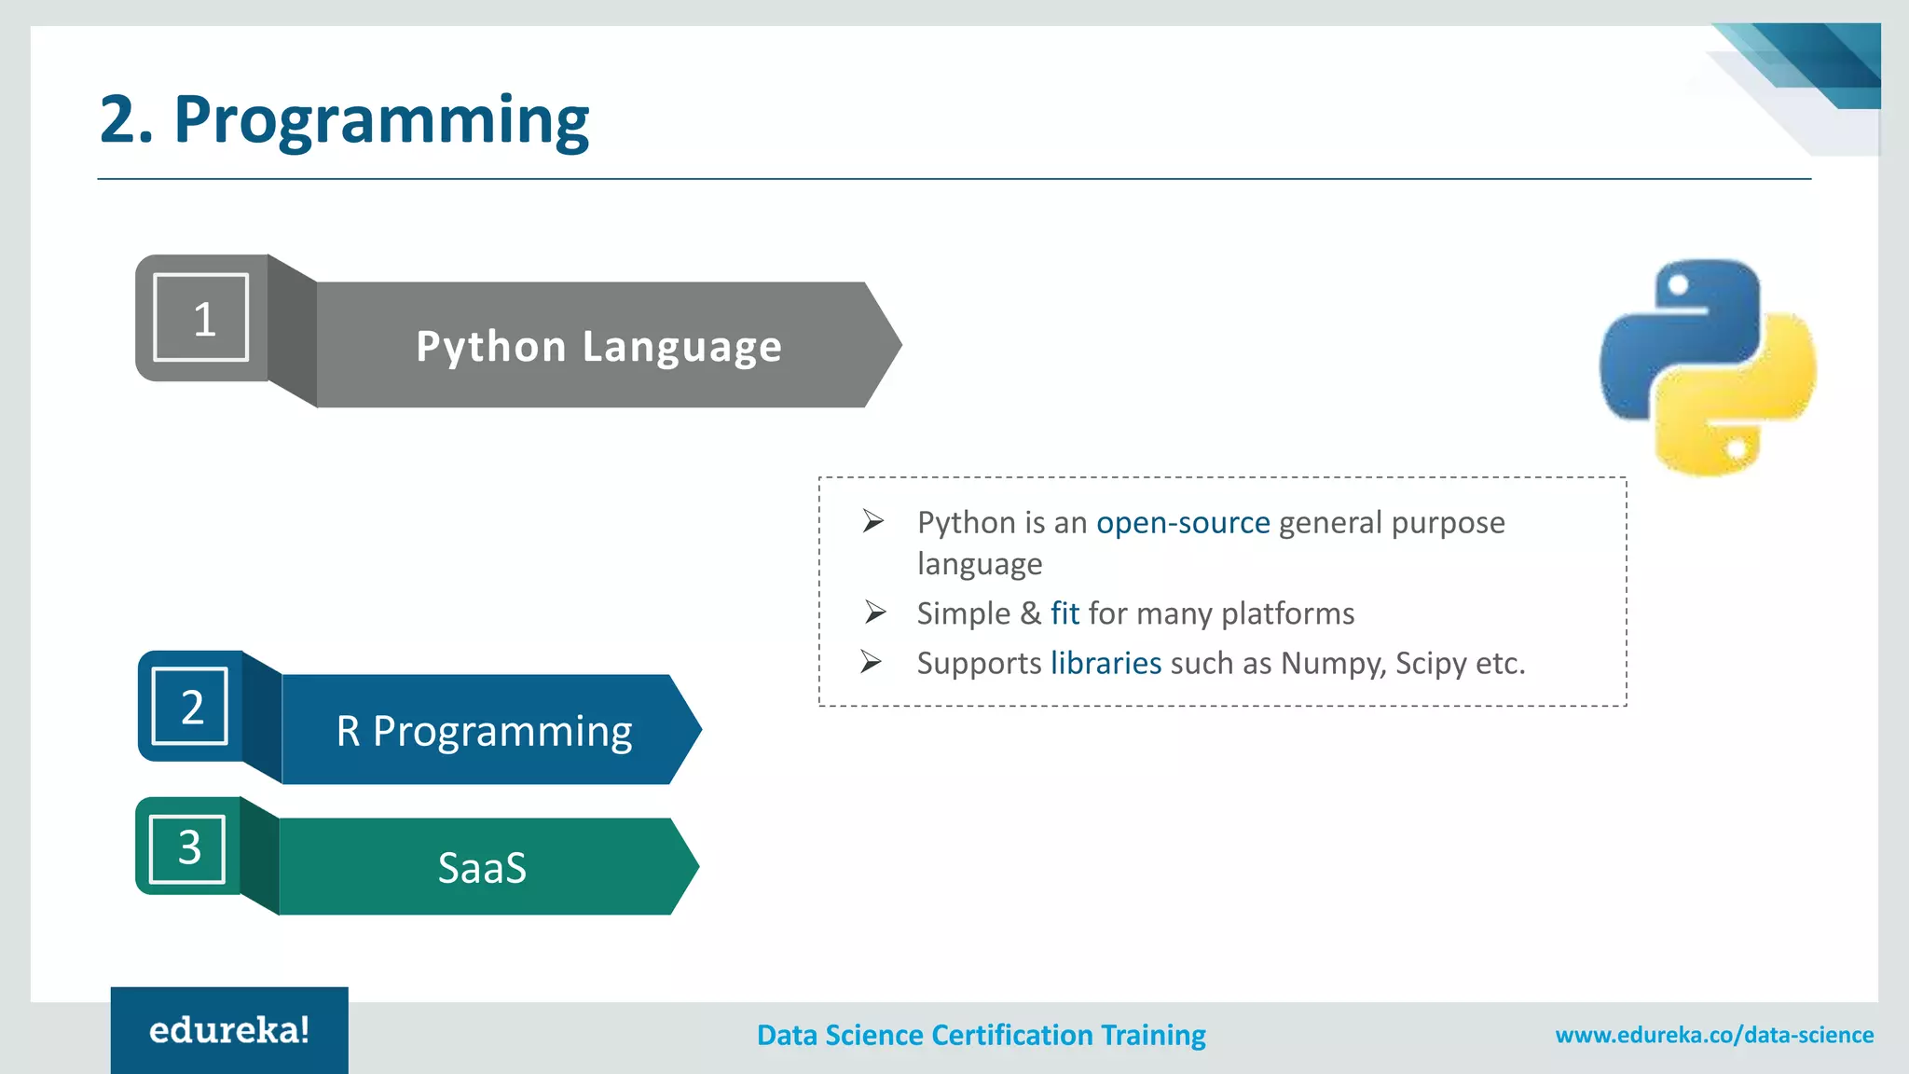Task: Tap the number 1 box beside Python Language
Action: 201,317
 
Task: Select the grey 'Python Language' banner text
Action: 598,346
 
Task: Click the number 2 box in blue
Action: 190,706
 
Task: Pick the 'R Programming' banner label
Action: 484,731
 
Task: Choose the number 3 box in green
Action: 188,847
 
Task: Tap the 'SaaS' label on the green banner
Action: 482,867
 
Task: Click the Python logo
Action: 1707,366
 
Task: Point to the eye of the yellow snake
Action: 1735,450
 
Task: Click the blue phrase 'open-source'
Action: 1182,522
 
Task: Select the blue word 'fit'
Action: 1064,613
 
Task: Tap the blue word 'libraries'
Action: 1106,663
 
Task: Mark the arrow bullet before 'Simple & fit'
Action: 874,613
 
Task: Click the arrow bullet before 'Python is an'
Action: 872,521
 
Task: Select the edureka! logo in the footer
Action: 229,1030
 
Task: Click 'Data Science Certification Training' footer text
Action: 981,1035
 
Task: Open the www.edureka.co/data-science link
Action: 1713,1035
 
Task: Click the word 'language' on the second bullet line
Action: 979,564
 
